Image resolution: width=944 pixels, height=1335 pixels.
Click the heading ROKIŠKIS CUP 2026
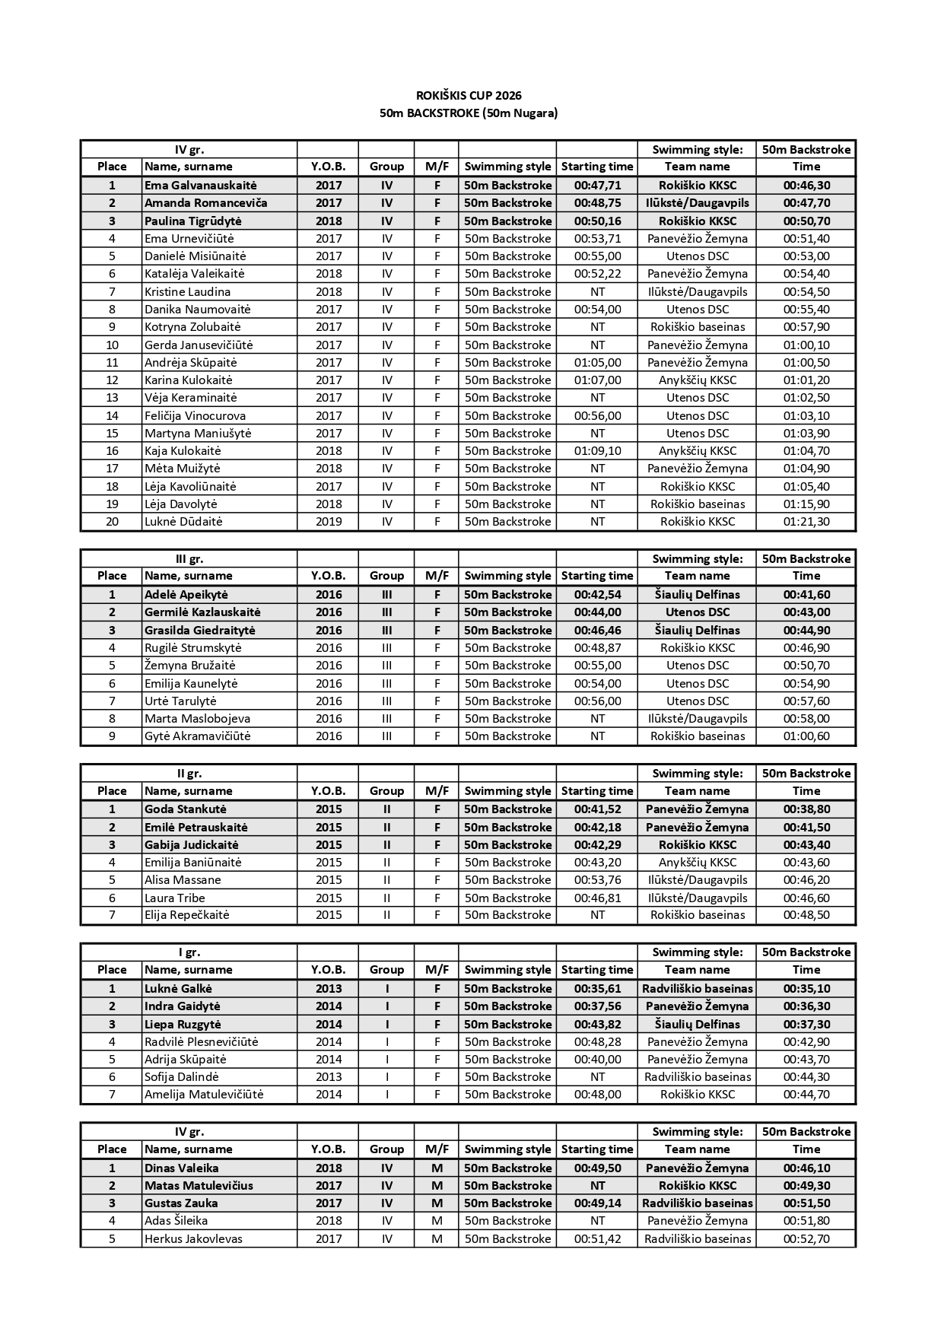pyautogui.click(x=469, y=96)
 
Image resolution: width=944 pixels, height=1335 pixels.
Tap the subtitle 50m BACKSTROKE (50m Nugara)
pyautogui.click(x=469, y=113)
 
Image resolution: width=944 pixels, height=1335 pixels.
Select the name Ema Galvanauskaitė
pyautogui.click(x=201, y=186)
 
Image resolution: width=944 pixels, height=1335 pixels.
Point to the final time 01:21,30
pyautogui.click(x=806, y=522)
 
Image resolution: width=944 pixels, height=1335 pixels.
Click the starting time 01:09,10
pyautogui.click(x=597, y=451)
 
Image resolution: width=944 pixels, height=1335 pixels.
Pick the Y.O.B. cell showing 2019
pyautogui.click(x=329, y=522)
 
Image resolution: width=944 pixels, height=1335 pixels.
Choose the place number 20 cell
pyautogui.click(x=112, y=522)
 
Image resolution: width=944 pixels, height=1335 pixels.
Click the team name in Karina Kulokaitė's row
pyautogui.click(x=698, y=380)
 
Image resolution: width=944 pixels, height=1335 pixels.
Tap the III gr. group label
pyautogui.click(x=189, y=559)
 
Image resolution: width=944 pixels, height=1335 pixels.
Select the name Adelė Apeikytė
pyautogui.click(x=186, y=595)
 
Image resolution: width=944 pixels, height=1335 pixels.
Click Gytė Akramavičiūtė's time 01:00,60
pyautogui.click(x=806, y=736)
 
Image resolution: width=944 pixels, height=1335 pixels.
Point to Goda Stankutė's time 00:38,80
pyautogui.click(x=806, y=809)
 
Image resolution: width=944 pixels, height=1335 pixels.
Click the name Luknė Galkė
pyautogui.click(x=178, y=989)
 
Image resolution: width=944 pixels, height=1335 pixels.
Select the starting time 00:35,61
pyautogui.click(x=597, y=989)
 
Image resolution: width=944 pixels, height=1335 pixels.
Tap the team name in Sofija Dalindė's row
pyautogui.click(x=698, y=1077)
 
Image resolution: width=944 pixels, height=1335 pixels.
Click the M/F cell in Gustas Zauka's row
pyautogui.click(x=437, y=1203)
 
